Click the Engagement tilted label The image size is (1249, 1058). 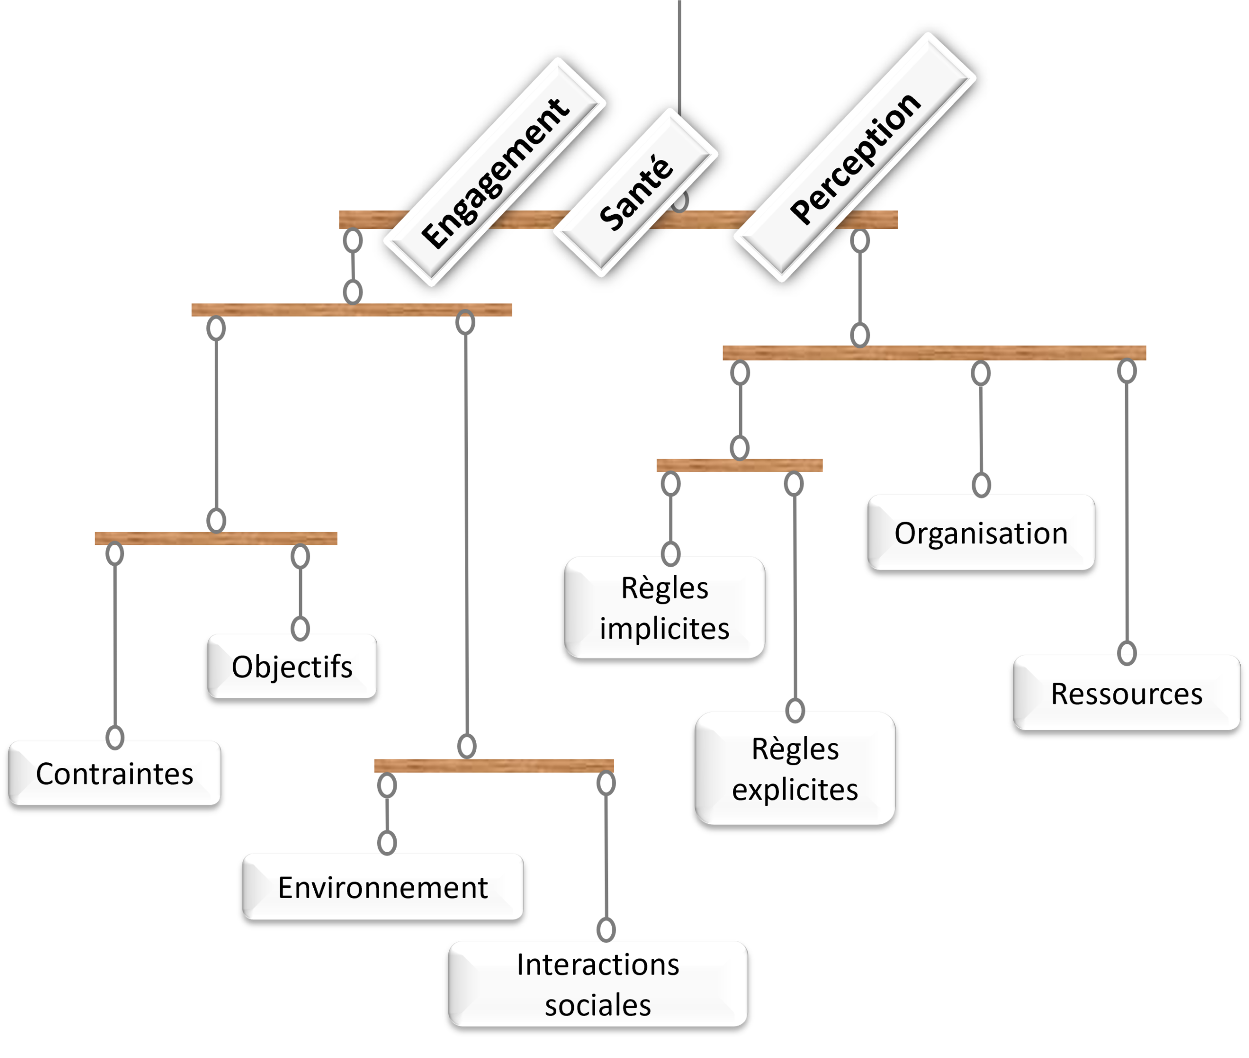click(494, 172)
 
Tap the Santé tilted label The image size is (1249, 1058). click(635, 193)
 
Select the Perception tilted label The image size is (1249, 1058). click(854, 157)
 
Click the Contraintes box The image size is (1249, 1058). click(115, 773)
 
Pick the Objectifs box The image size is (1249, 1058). click(292, 666)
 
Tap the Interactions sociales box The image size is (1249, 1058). click(598, 984)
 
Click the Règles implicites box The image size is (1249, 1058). click(665, 608)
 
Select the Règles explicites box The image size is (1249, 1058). click(795, 768)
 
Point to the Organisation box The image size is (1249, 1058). click(981, 533)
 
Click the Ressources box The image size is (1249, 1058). click(1127, 693)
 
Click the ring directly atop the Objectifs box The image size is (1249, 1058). click(300, 629)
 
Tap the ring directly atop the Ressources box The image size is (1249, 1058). click(1127, 653)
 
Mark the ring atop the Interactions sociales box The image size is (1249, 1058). click(606, 929)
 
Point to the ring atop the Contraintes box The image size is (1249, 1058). click(115, 737)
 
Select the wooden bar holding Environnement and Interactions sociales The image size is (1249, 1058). click(494, 765)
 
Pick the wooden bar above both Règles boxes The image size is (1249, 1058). click(740, 465)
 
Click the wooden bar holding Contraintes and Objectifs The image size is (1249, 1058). click(216, 538)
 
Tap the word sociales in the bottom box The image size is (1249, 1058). click(598, 1005)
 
